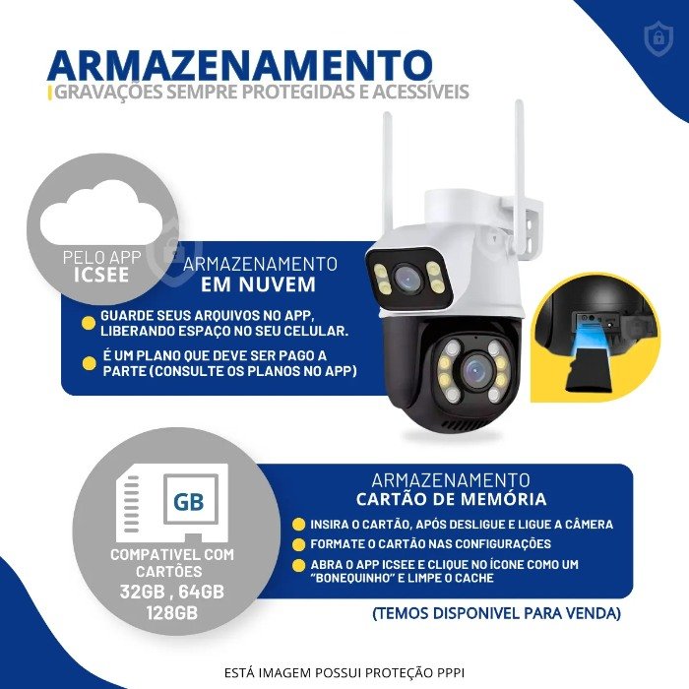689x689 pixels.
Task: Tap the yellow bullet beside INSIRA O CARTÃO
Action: tap(298, 524)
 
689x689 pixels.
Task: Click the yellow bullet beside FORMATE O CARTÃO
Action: tap(298, 544)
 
